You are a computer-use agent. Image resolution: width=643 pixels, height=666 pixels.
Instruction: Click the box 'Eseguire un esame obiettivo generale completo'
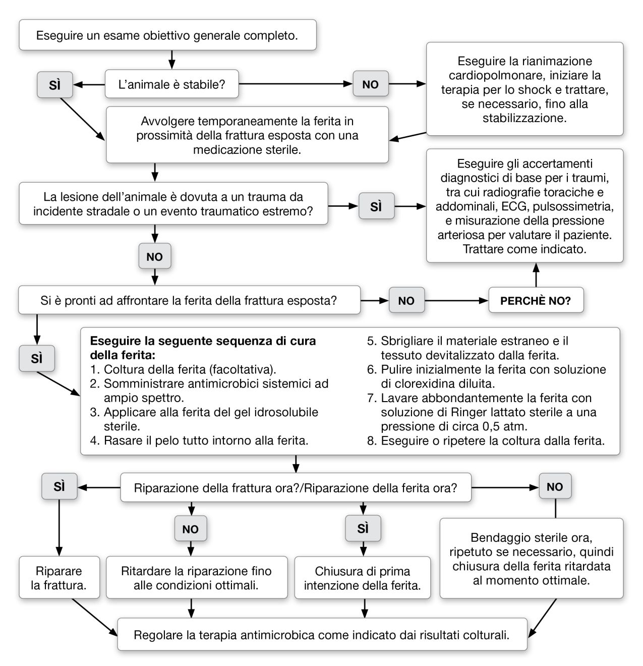(167, 35)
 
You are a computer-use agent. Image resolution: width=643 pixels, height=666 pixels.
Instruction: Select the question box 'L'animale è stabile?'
(171, 84)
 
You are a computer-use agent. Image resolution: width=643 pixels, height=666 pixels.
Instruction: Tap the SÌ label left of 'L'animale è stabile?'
(54, 85)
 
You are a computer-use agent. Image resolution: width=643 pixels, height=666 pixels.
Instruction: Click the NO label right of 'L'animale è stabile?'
(370, 84)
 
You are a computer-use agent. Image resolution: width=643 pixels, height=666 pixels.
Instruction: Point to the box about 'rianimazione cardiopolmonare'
(524, 89)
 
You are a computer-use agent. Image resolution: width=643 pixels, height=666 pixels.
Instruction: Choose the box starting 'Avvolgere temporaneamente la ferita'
(247, 135)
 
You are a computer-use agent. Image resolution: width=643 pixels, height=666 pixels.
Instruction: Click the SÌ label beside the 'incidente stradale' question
(376, 206)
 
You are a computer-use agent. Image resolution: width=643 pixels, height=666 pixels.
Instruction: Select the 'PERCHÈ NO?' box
(535, 301)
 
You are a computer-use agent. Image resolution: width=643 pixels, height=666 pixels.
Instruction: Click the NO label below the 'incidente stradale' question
(154, 257)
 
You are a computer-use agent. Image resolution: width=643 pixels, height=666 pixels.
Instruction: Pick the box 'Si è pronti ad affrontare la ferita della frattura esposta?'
(189, 301)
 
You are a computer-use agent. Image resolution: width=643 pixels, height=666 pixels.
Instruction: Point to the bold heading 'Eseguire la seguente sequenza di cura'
(203, 341)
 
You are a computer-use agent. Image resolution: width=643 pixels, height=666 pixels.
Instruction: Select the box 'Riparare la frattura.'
(59, 578)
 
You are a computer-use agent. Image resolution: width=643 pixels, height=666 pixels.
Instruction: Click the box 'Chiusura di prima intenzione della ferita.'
(362, 578)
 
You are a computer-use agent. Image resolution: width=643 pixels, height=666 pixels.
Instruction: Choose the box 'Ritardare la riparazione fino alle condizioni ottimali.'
(196, 578)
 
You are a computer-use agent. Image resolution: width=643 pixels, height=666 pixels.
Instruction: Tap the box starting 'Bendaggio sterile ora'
(531, 559)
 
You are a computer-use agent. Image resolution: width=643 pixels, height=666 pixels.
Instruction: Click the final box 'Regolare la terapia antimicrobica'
(322, 635)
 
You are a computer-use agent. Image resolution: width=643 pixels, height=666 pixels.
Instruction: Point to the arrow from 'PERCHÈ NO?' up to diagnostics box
(536, 275)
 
